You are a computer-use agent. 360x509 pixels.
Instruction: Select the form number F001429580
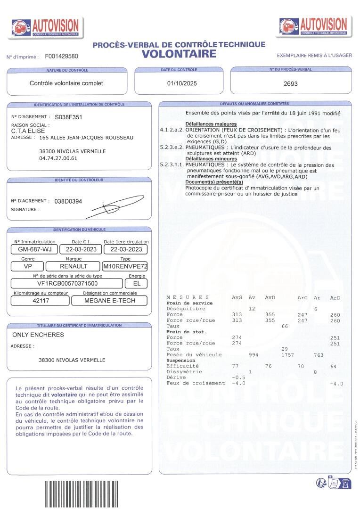[x=62, y=56]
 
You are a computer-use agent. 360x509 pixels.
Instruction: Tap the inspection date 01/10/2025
[x=182, y=83]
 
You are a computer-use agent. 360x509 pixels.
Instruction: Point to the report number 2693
[x=291, y=83]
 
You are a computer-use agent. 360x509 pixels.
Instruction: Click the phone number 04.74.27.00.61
[x=58, y=158]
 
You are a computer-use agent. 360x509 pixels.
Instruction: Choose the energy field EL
[x=137, y=283]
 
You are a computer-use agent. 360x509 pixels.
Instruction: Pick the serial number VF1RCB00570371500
[x=67, y=283]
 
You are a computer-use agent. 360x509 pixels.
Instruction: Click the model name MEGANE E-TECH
[x=109, y=301]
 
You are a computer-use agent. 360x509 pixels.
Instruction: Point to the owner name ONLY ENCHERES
[x=38, y=335]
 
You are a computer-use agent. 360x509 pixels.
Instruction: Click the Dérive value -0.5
[x=239, y=378]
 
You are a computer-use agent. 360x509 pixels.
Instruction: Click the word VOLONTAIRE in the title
[x=179, y=54]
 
